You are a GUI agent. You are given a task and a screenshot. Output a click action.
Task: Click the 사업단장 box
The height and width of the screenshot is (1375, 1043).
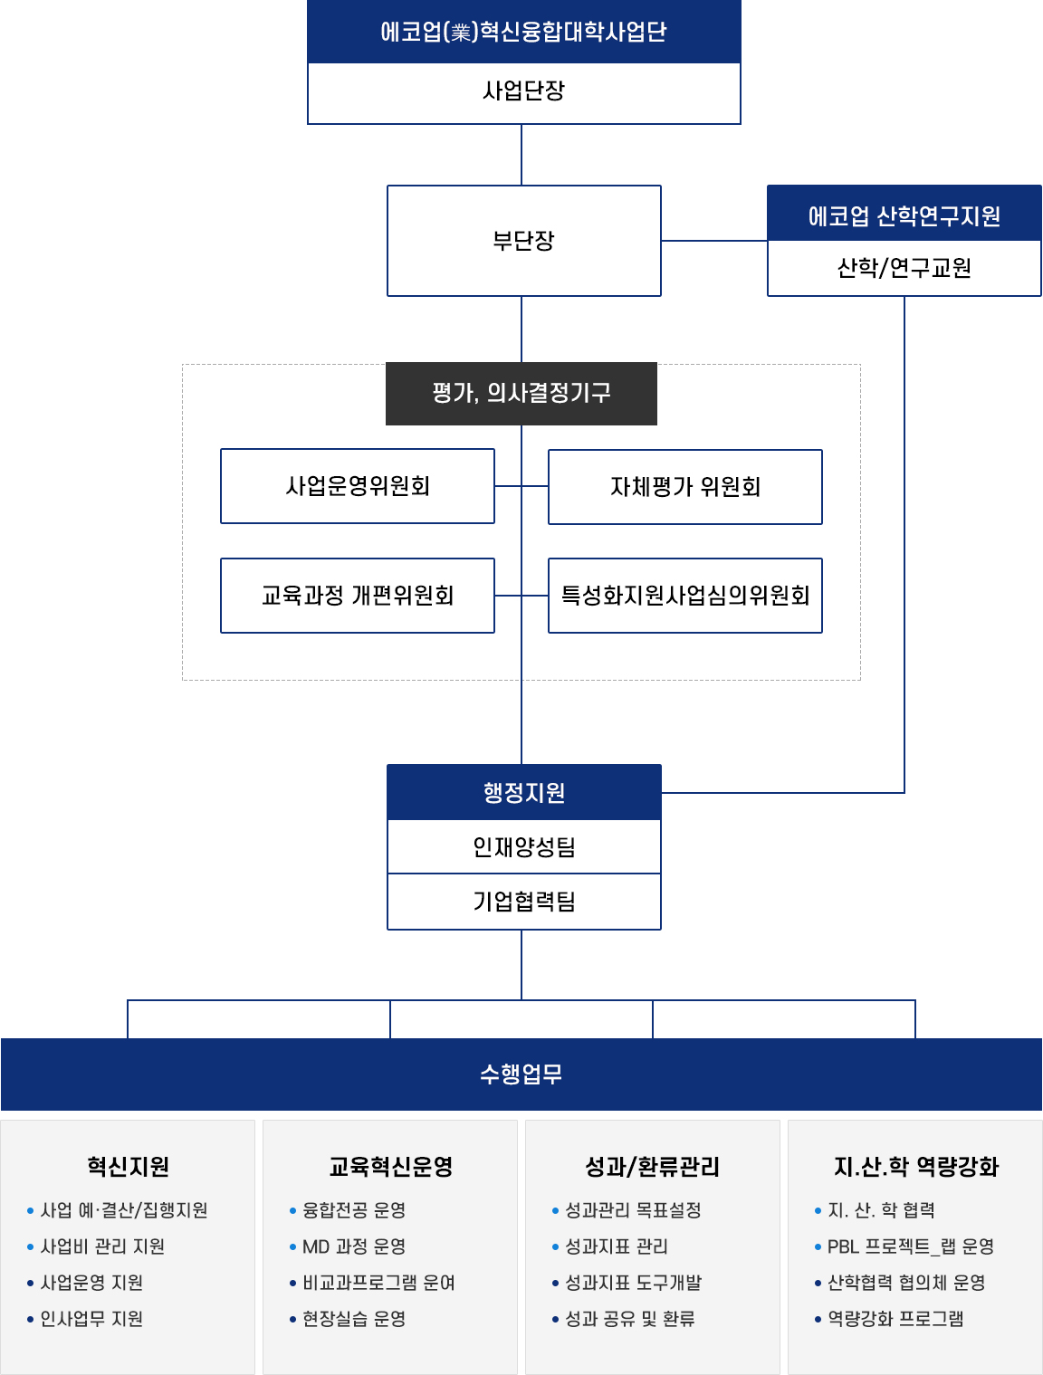pyautogui.click(x=523, y=92)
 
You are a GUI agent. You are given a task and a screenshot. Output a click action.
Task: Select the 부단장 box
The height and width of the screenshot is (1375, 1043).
pyautogui.click(x=523, y=240)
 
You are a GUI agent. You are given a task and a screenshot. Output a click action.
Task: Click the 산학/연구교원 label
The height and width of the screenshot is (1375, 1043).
pyautogui.click(x=904, y=267)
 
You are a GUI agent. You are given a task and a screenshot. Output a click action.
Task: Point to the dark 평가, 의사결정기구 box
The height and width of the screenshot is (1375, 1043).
pyautogui.click(x=521, y=394)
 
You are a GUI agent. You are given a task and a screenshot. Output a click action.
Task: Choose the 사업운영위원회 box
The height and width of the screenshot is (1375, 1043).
pyautogui.click(x=357, y=485)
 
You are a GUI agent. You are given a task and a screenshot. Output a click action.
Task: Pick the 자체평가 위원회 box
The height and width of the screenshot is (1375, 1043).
pyautogui.click(x=684, y=486)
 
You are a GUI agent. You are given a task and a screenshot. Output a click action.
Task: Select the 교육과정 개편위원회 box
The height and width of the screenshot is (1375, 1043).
pyautogui.click(x=357, y=595)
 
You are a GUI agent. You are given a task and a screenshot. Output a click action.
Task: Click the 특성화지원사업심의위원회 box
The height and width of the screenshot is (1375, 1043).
pyautogui.click(x=684, y=595)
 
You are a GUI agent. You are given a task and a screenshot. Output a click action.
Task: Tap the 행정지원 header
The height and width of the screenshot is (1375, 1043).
pyautogui.click(x=523, y=792)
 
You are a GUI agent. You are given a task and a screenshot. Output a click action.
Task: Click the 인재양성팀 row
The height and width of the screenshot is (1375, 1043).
pyautogui.click(x=523, y=846)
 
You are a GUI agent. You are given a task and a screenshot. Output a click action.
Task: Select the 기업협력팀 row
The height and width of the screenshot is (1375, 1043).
pyautogui.click(x=523, y=901)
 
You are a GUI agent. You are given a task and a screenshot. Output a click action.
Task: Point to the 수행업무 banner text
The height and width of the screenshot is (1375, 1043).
pyautogui.click(x=521, y=1074)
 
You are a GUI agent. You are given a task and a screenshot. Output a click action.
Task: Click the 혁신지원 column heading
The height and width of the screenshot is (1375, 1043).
pyautogui.click(x=128, y=1166)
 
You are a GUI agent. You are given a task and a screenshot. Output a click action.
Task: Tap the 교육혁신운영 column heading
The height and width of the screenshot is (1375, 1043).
pyautogui.click(x=390, y=1166)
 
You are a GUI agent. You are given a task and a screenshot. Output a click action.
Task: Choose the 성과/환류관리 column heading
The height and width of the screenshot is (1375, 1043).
pyautogui.click(x=652, y=1166)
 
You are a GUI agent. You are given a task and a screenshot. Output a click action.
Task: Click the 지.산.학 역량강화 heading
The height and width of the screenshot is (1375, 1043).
pyautogui.click(x=915, y=1166)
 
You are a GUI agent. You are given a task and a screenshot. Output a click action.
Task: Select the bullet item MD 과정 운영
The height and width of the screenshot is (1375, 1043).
pyautogui.click(x=348, y=1246)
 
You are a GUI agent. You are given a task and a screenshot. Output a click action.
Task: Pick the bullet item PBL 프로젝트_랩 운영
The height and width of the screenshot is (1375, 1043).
pyautogui.click(x=904, y=1246)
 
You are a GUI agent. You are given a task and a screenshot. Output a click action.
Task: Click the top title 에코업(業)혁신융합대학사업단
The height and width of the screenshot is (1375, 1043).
pyautogui.click(x=523, y=32)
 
